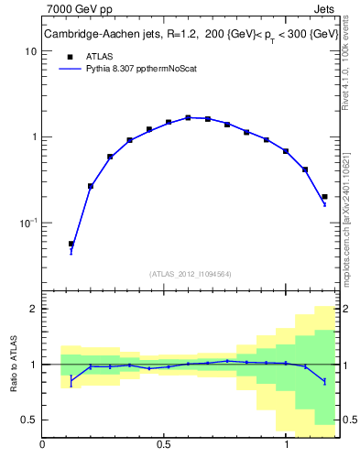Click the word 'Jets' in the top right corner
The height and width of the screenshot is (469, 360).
(x=323, y=10)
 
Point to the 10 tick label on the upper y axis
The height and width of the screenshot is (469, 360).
(x=30, y=51)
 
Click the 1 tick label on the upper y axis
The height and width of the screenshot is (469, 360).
(x=33, y=137)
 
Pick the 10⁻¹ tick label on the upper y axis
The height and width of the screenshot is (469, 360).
(x=28, y=223)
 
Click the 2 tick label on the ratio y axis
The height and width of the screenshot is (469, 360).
(x=33, y=309)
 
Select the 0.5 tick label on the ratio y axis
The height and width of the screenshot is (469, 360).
(x=28, y=420)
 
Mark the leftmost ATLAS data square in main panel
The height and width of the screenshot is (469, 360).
(x=71, y=244)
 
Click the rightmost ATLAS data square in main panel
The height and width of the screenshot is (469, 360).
(x=324, y=196)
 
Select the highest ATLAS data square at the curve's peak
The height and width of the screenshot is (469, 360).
(x=188, y=117)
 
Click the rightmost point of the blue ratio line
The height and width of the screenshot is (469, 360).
(x=324, y=381)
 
